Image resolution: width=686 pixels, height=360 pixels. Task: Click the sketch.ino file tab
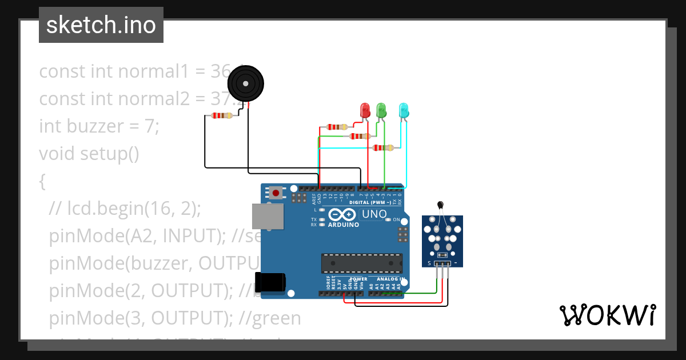click(101, 25)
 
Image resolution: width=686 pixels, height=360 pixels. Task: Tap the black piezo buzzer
click(246, 84)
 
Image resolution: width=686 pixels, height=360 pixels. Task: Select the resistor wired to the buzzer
click(222, 116)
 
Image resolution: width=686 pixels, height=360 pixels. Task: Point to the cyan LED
click(404, 110)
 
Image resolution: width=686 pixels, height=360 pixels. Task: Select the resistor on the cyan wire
click(383, 148)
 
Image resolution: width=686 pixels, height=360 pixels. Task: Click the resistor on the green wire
click(360, 137)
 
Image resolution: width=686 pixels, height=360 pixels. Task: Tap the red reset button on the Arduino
click(276, 193)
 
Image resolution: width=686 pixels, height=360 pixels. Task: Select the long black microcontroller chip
click(361, 263)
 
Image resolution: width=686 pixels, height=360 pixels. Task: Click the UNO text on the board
click(374, 214)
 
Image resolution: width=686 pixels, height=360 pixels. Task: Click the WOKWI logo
click(607, 315)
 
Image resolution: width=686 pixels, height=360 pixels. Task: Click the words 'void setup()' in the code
click(89, 154)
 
